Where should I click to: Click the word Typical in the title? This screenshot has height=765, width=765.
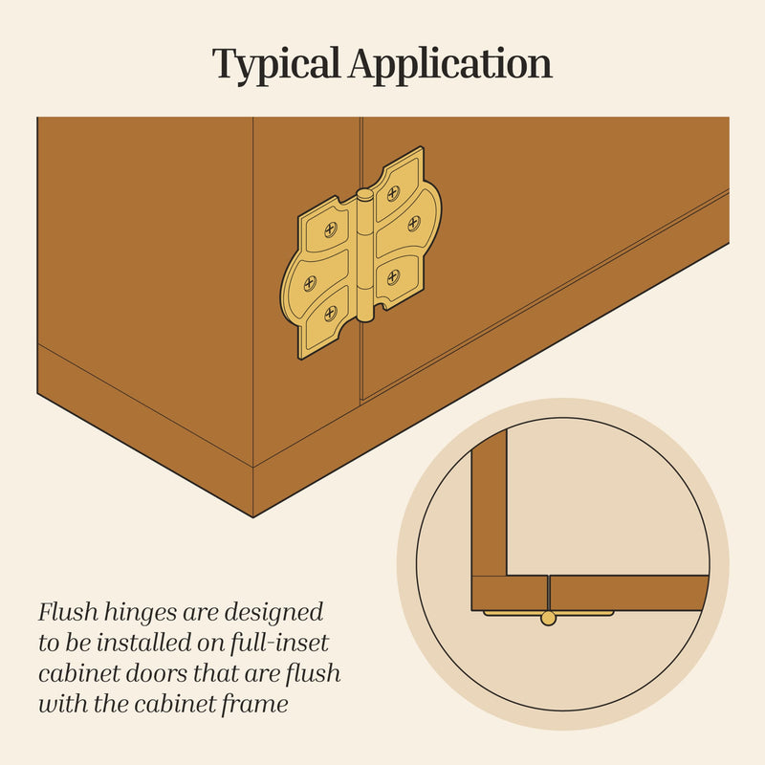(x=275, y=65)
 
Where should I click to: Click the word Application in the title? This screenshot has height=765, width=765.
(x=450, y=64)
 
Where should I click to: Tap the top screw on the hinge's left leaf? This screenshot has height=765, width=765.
(x=331, y=229)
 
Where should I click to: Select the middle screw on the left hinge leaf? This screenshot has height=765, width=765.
(x=310, y=283)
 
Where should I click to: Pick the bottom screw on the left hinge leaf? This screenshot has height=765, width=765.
(x=331, y=314)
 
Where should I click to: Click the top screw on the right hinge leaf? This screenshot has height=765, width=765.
(x=393, y=194)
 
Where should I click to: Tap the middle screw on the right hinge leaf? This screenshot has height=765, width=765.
(x=414, y=224)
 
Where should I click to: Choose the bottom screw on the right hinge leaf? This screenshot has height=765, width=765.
(x=393, y=277)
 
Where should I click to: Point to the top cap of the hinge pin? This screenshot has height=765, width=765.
(x=364, y=195)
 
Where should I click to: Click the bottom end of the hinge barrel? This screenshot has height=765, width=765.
(x=364, y=317)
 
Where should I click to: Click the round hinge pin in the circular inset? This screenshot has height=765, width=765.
(x=548, y=618)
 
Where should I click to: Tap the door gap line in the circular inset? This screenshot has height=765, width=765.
(x=548, y=593)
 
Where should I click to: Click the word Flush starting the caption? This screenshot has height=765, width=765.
(x=68, y=612)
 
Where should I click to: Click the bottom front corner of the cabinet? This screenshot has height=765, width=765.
(x=253, y=516)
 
